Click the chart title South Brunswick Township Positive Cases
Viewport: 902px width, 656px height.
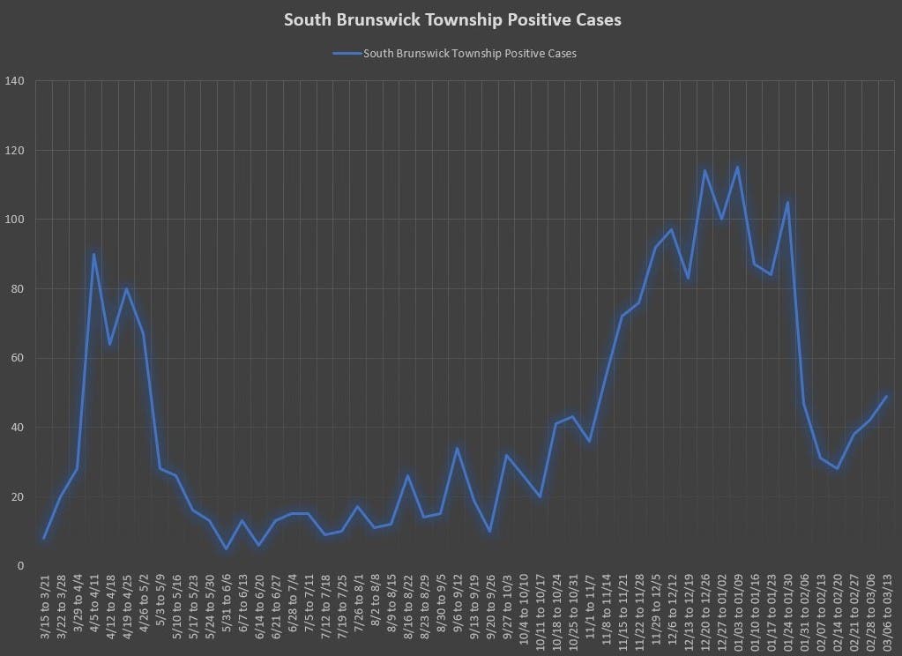click(x=451, y=19)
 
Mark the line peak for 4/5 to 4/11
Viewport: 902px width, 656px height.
click(x=93, y=254)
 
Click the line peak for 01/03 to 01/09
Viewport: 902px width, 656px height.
click(x=737, y=168)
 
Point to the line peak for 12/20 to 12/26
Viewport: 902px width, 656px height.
click(x=704, y=171)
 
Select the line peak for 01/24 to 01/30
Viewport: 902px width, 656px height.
click(x=786, y=202)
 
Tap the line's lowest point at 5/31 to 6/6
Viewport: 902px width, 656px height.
click(x=226, y=548)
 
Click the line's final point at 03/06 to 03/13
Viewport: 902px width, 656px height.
click(x=886, y=396)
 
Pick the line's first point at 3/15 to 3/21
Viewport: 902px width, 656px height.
click(x=44, y=538)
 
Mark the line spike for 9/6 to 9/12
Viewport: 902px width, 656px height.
click(x=457, y=448)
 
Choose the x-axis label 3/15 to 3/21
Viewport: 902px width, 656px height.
click(x=45, y=608)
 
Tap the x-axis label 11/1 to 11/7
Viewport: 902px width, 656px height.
click(x=590, y=608)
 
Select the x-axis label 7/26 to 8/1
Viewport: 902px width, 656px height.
click(x=359, y=608)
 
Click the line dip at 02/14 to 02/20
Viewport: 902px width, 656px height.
click(x=837, y=468)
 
